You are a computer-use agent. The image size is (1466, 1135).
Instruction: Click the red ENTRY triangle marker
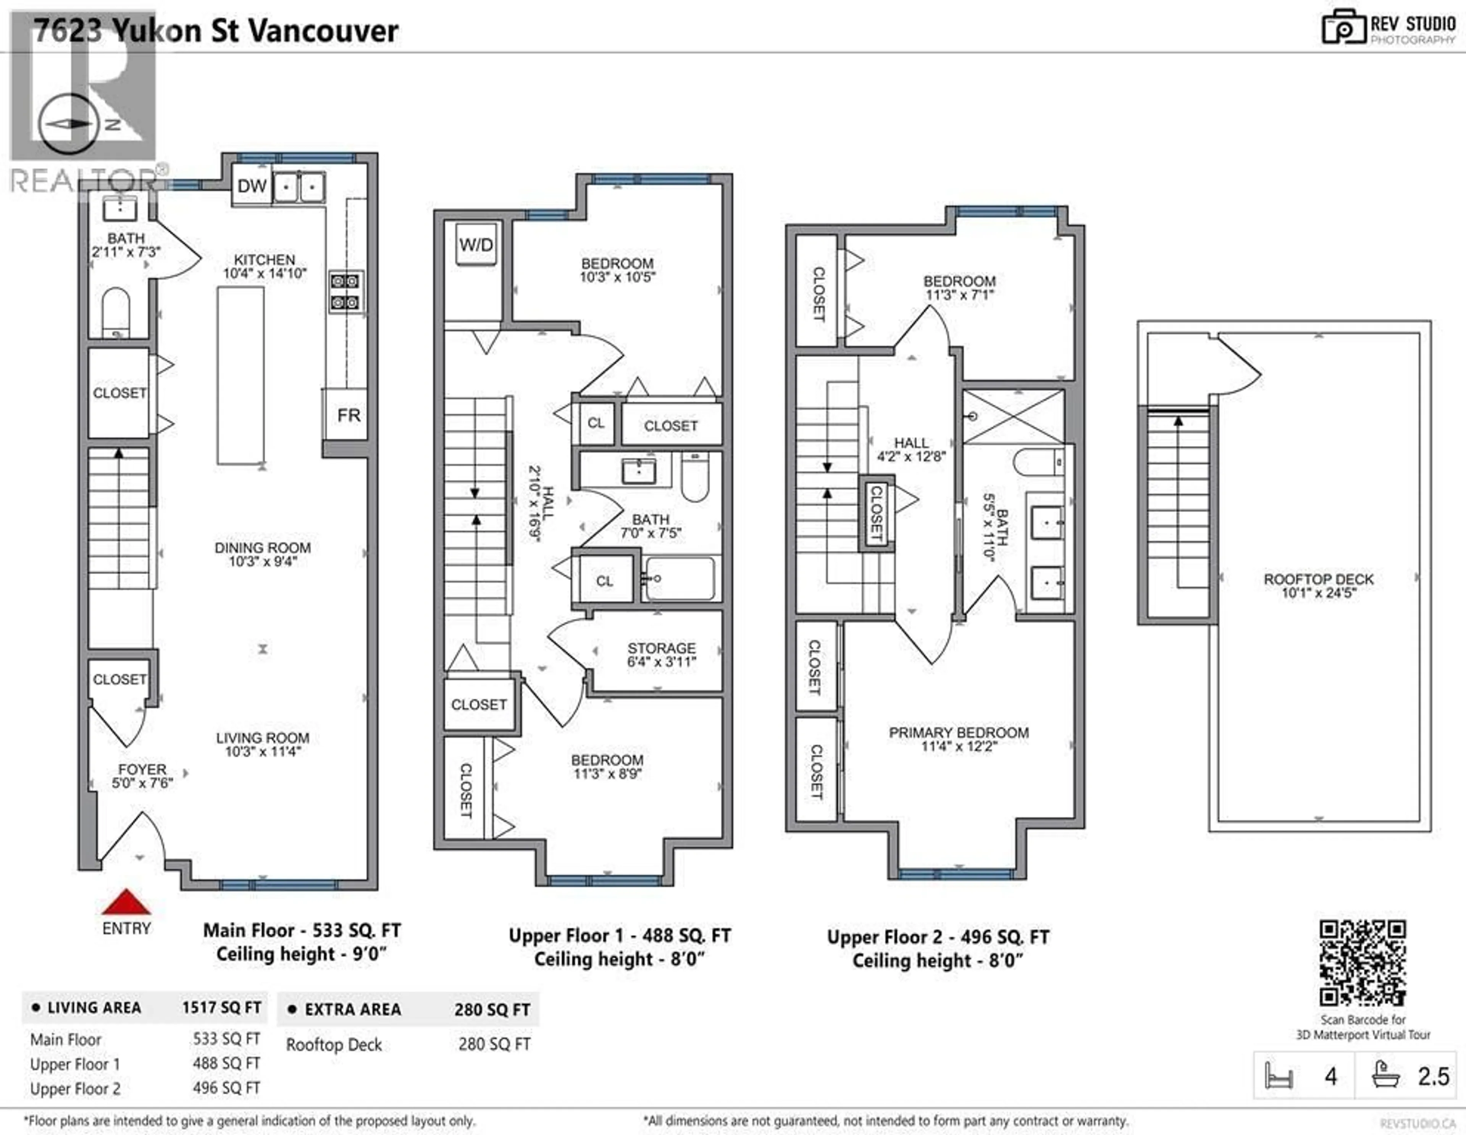126,903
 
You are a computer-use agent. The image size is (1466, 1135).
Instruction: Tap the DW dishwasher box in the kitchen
252,186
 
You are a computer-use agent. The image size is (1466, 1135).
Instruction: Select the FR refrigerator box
349,415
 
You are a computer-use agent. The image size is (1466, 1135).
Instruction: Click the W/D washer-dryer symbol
476,244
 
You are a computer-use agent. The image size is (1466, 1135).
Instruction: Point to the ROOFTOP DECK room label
1318,579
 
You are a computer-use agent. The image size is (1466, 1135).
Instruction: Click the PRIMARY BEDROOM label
959,732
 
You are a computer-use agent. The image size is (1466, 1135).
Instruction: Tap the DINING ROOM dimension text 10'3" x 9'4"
262,561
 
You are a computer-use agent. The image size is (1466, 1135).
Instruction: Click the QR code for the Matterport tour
1363,963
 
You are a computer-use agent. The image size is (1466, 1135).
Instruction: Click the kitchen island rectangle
240,376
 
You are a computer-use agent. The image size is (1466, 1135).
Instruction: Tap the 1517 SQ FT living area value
221,1007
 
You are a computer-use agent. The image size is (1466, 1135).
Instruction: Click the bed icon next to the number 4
1278,1076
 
